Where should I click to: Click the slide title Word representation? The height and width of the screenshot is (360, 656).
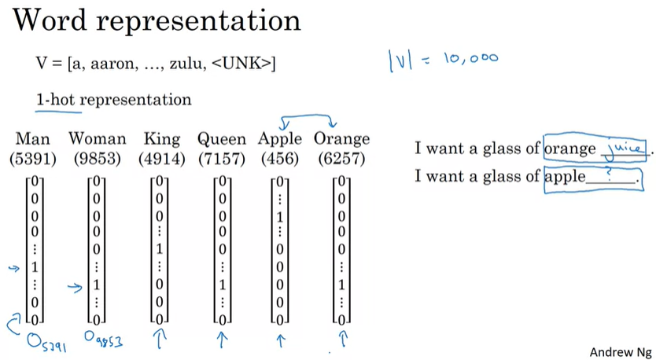point(157,20)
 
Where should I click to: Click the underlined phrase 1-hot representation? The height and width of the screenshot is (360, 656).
point(113,101)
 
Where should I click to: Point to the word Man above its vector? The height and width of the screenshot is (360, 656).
point(32,140)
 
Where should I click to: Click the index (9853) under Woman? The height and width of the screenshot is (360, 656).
point(98,158)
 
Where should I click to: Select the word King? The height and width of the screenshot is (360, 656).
point(162,140)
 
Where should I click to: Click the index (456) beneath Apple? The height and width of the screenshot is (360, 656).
point(279,158)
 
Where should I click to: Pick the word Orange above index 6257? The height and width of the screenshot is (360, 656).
point(341,140)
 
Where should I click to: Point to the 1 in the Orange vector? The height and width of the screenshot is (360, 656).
point(341,283)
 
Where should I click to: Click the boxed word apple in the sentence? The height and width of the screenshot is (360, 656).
point(565,177)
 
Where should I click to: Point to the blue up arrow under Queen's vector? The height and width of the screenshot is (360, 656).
point(223,340)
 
